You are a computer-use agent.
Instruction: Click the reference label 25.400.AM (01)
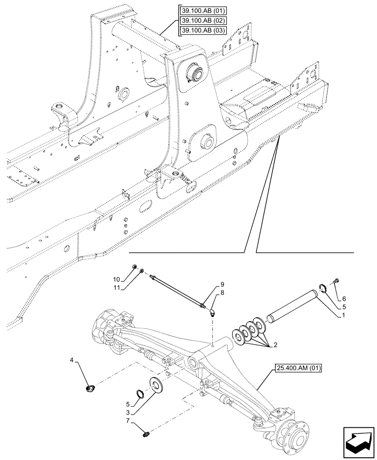click(300, 368)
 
